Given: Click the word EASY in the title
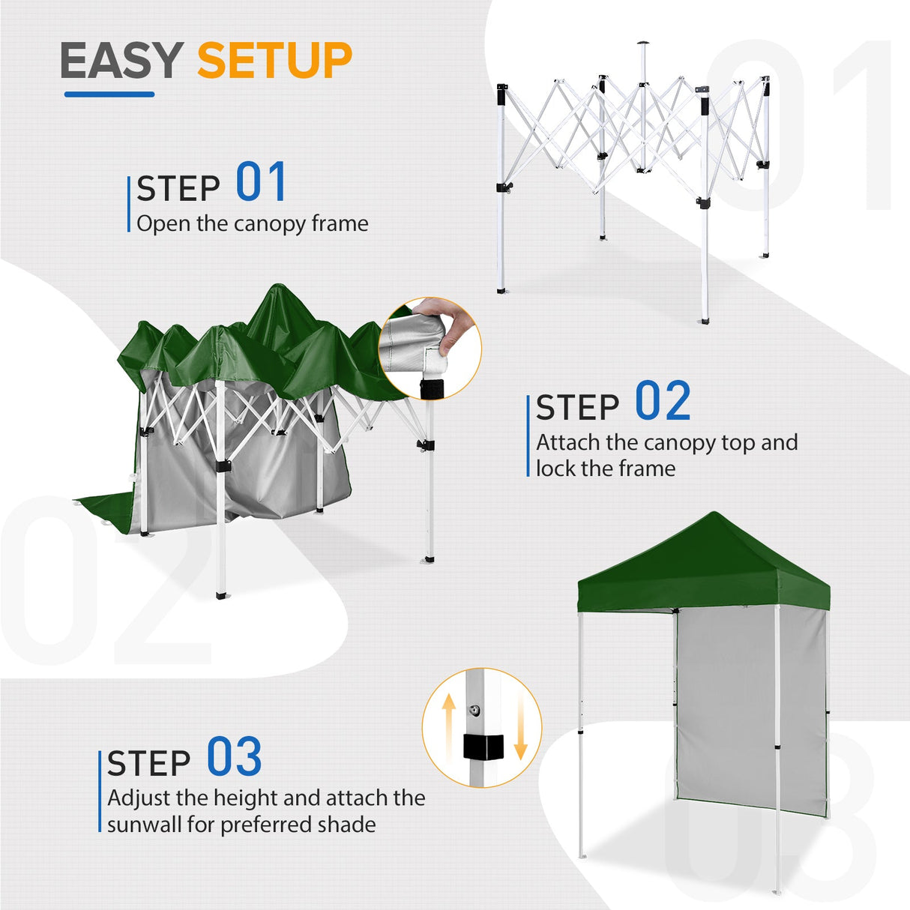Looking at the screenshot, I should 121,61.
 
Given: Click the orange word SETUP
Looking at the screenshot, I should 274,61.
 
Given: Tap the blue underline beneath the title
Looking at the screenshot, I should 109,94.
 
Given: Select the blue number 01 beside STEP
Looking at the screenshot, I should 261,182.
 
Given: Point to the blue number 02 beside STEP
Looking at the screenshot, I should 663,402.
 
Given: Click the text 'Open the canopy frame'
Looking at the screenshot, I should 253,223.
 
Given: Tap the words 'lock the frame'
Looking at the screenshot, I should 606,468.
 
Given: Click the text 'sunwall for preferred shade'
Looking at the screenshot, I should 241,825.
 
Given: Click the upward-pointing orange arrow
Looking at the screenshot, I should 448,725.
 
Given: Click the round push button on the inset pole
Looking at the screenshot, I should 475,709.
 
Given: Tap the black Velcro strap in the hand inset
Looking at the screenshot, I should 432,389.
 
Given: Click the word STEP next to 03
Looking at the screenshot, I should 148,764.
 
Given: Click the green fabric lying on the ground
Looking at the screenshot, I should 105,510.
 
